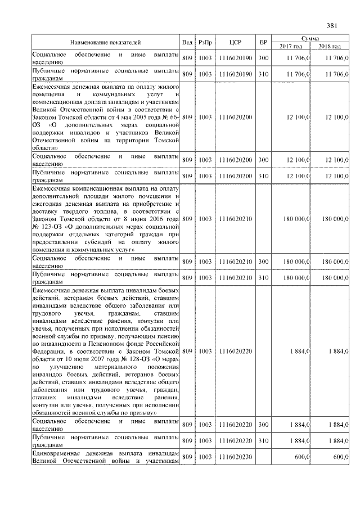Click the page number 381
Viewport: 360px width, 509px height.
coord(331,25)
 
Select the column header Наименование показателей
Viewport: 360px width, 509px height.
coord(105,42)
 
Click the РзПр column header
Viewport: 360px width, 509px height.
coord(205,42)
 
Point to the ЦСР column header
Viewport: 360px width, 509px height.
coord(236,42)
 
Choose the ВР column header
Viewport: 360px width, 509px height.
coord(263,42)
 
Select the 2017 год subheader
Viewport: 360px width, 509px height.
coord(291,46)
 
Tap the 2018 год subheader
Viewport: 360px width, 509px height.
coord(330,46)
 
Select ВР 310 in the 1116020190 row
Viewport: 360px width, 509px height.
coord(263,74)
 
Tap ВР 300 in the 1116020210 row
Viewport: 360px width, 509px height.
coord(263,262)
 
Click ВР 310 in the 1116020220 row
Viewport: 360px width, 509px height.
coord(263,440)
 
